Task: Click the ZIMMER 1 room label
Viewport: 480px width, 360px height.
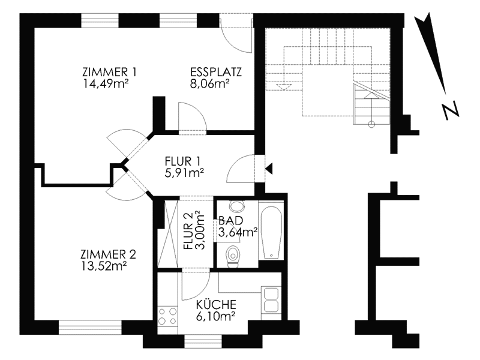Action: [109, 72]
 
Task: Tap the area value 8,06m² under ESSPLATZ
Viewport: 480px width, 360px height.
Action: [209, 83]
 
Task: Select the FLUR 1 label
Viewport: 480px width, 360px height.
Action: [182, 161]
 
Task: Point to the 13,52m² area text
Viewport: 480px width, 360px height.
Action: [104, 266]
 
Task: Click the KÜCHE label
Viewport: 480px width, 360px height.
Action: [216, 305]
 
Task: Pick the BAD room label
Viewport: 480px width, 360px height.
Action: [230, 221]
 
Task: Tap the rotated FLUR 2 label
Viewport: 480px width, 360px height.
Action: [188, 231]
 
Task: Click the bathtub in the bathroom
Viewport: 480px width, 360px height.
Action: [272, 233]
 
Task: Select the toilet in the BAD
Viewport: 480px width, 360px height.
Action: [233, 256]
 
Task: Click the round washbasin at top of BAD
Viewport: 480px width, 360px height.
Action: [237, 206]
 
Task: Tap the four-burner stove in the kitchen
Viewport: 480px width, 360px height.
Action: [167, 316]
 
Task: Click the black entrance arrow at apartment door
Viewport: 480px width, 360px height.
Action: [269, 169]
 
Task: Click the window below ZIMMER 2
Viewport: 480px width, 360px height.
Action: [90, 327]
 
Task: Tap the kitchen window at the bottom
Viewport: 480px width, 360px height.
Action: [203, 341]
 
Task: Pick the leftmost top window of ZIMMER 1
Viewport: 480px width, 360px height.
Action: [100, 20]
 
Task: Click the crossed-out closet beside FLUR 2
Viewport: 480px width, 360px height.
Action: [168, 234]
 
